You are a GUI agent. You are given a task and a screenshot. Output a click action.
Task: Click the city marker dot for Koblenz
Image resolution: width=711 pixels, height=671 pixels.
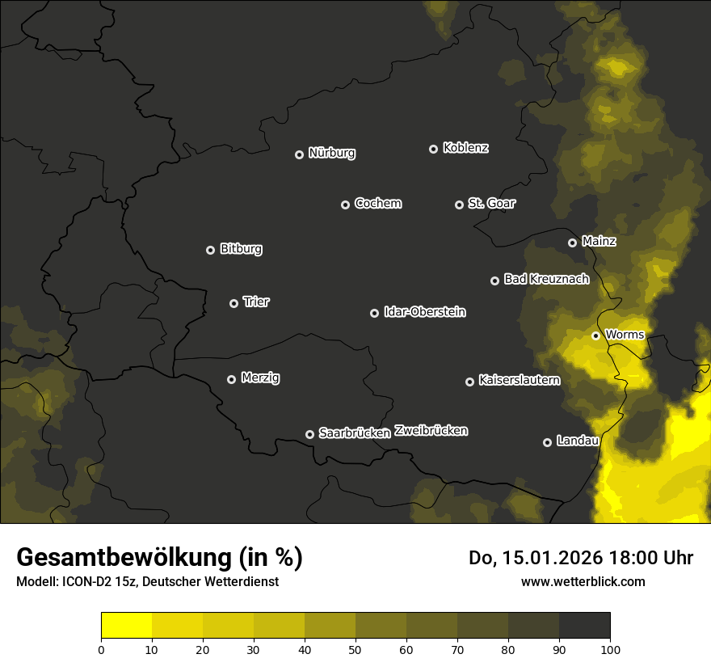click(x=433, y=149)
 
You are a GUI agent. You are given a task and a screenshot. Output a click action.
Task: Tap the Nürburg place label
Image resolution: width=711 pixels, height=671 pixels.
click(x=331, y=153)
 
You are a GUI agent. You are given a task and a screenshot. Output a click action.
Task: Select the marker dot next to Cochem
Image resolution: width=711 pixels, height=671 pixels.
click(x=345, y=205)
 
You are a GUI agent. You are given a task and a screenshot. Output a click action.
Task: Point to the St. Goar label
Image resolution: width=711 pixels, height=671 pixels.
click(x=491, y=203)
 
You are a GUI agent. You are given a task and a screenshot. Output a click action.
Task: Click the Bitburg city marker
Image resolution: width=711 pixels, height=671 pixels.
click(x=210, y=250)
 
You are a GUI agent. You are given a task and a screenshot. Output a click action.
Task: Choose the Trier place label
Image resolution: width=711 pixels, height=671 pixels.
click(x=256, y=302)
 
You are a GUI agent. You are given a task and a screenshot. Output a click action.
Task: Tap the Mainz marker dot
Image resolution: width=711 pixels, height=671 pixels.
click(x=572, y=243)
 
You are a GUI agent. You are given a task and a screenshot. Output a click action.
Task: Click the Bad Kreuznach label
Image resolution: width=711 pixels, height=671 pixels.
click(x=546, y=279)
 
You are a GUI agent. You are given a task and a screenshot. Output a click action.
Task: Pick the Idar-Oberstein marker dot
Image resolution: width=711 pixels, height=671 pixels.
click(x=374, y=313)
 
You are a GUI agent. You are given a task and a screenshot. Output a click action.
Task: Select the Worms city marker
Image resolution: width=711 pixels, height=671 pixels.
click(x=595, y=335)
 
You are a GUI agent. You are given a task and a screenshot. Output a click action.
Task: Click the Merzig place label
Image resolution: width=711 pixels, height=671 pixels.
click(x=260, y=378)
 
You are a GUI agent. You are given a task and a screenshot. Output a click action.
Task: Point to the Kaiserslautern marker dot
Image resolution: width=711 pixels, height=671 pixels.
click(x=469, y=382)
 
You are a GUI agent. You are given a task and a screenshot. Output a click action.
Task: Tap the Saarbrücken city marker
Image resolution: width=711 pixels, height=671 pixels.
click(x=309, y=434)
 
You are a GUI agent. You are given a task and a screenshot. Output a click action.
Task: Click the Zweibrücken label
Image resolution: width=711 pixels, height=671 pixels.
click(x=431, y=430)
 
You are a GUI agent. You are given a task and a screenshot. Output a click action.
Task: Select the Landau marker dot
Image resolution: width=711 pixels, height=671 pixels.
click(x=547, y=442)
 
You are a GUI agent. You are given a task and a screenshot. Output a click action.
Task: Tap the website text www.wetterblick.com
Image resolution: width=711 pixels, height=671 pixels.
click(x=583, y=581)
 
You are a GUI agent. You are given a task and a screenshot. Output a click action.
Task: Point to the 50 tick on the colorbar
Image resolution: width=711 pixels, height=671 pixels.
click(x=355, y=648)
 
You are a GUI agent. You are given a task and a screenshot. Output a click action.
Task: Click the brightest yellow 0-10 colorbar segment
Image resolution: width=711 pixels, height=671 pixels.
click(x=126, y=625)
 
